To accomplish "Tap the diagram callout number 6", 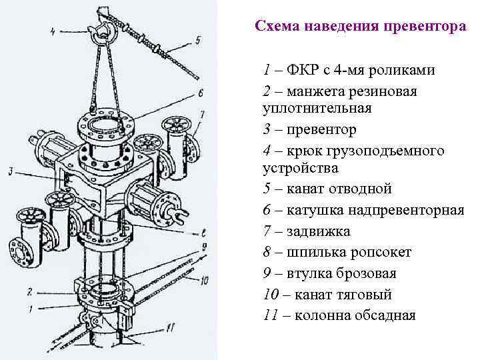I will [x=200, y=92].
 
